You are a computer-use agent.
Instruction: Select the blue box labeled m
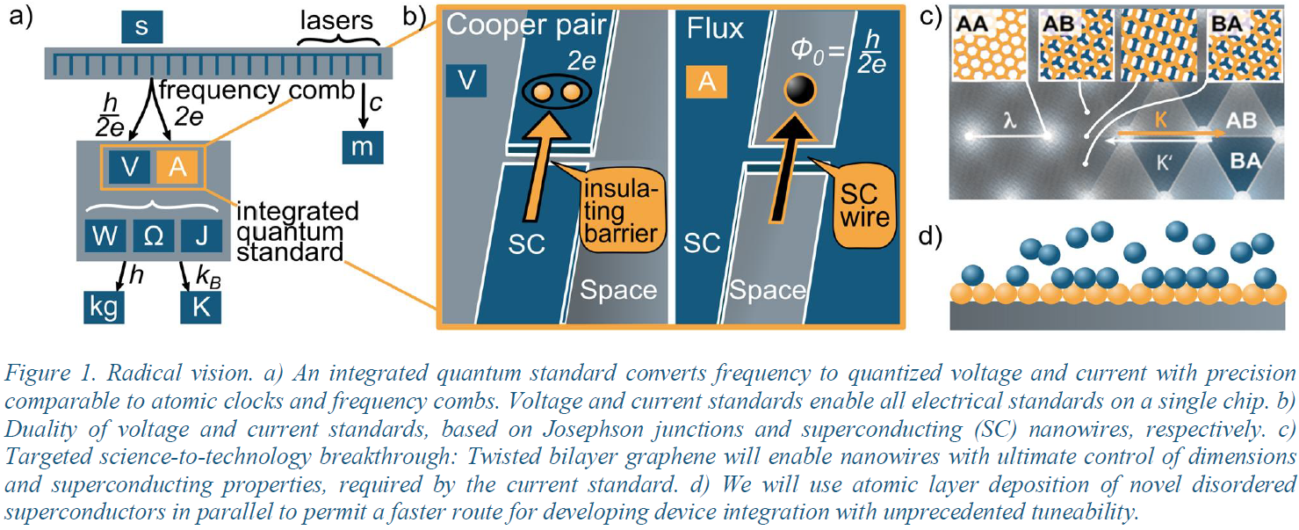(x=362, y=147)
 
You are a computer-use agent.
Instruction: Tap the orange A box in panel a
(x=178, y=167)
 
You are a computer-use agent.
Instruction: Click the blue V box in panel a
(x=132, y=167)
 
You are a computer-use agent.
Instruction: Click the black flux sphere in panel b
(x=799, y=90)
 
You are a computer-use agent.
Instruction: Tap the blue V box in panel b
(x=468, y=82)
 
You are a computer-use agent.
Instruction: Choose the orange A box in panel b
(x=706, y=82)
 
